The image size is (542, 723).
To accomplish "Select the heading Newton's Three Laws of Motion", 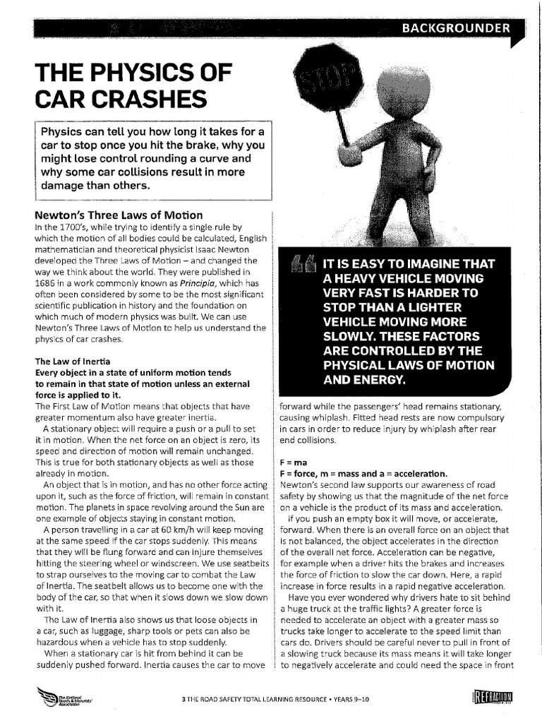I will click(x=119, y=215).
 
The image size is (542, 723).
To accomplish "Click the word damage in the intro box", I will click(x=66, y=185).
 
